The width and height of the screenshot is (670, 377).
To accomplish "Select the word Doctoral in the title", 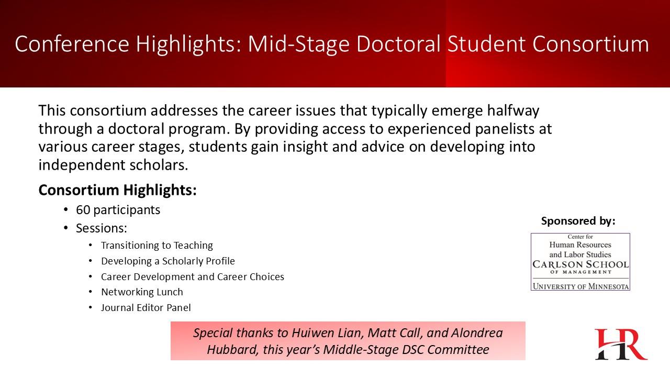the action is point(398,44).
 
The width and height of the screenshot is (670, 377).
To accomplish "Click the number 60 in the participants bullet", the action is point(83,210).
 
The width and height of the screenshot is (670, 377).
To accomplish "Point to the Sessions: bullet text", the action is point(102,228).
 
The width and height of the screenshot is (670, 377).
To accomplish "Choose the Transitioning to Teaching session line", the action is point(157,246).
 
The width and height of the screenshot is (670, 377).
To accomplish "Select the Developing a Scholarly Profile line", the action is point(168,261).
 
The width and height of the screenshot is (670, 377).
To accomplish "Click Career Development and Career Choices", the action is point(193,277).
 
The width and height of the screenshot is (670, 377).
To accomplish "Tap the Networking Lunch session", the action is point(142,292).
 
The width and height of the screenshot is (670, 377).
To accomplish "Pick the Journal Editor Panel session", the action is point(146,307).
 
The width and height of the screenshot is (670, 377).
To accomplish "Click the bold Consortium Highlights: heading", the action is point(118,190).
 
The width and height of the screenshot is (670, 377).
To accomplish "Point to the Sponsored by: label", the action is point(578,221).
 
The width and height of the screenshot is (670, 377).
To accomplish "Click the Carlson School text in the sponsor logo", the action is point(580,264).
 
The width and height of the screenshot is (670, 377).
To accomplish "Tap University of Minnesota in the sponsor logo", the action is point(580,286).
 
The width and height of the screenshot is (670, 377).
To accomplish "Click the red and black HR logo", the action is point(621,344).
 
